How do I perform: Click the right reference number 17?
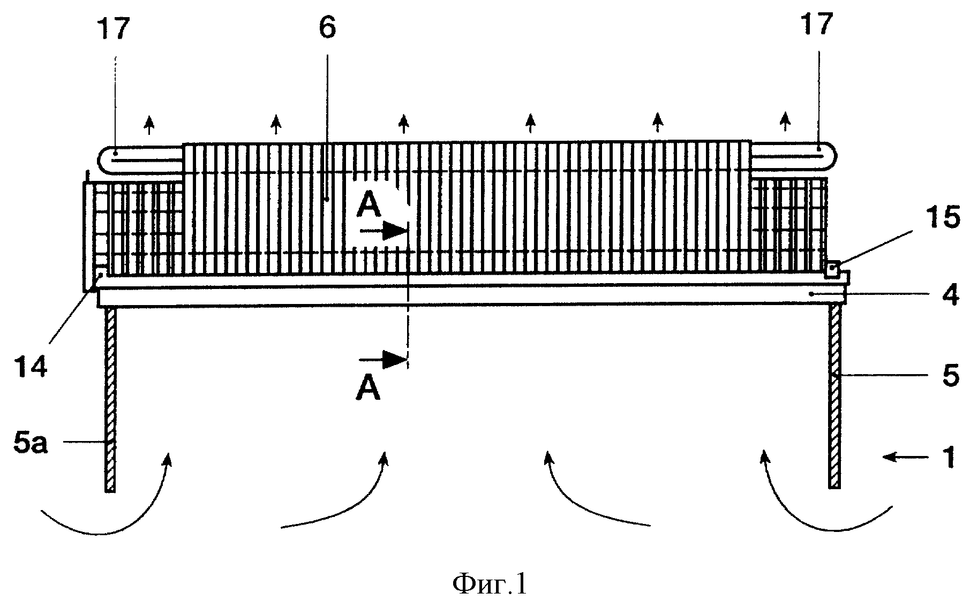(x=816, y=25)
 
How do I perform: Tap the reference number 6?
(x=327, y=28)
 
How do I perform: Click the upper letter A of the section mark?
(x=369, y=206)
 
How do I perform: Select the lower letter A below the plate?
(x=369, y=389)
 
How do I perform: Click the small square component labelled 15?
(x=832, y=269)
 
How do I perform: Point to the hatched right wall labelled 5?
(x=835, y=396)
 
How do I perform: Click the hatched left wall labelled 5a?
(x=110, y=399)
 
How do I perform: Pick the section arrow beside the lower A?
(x=384, y=359)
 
